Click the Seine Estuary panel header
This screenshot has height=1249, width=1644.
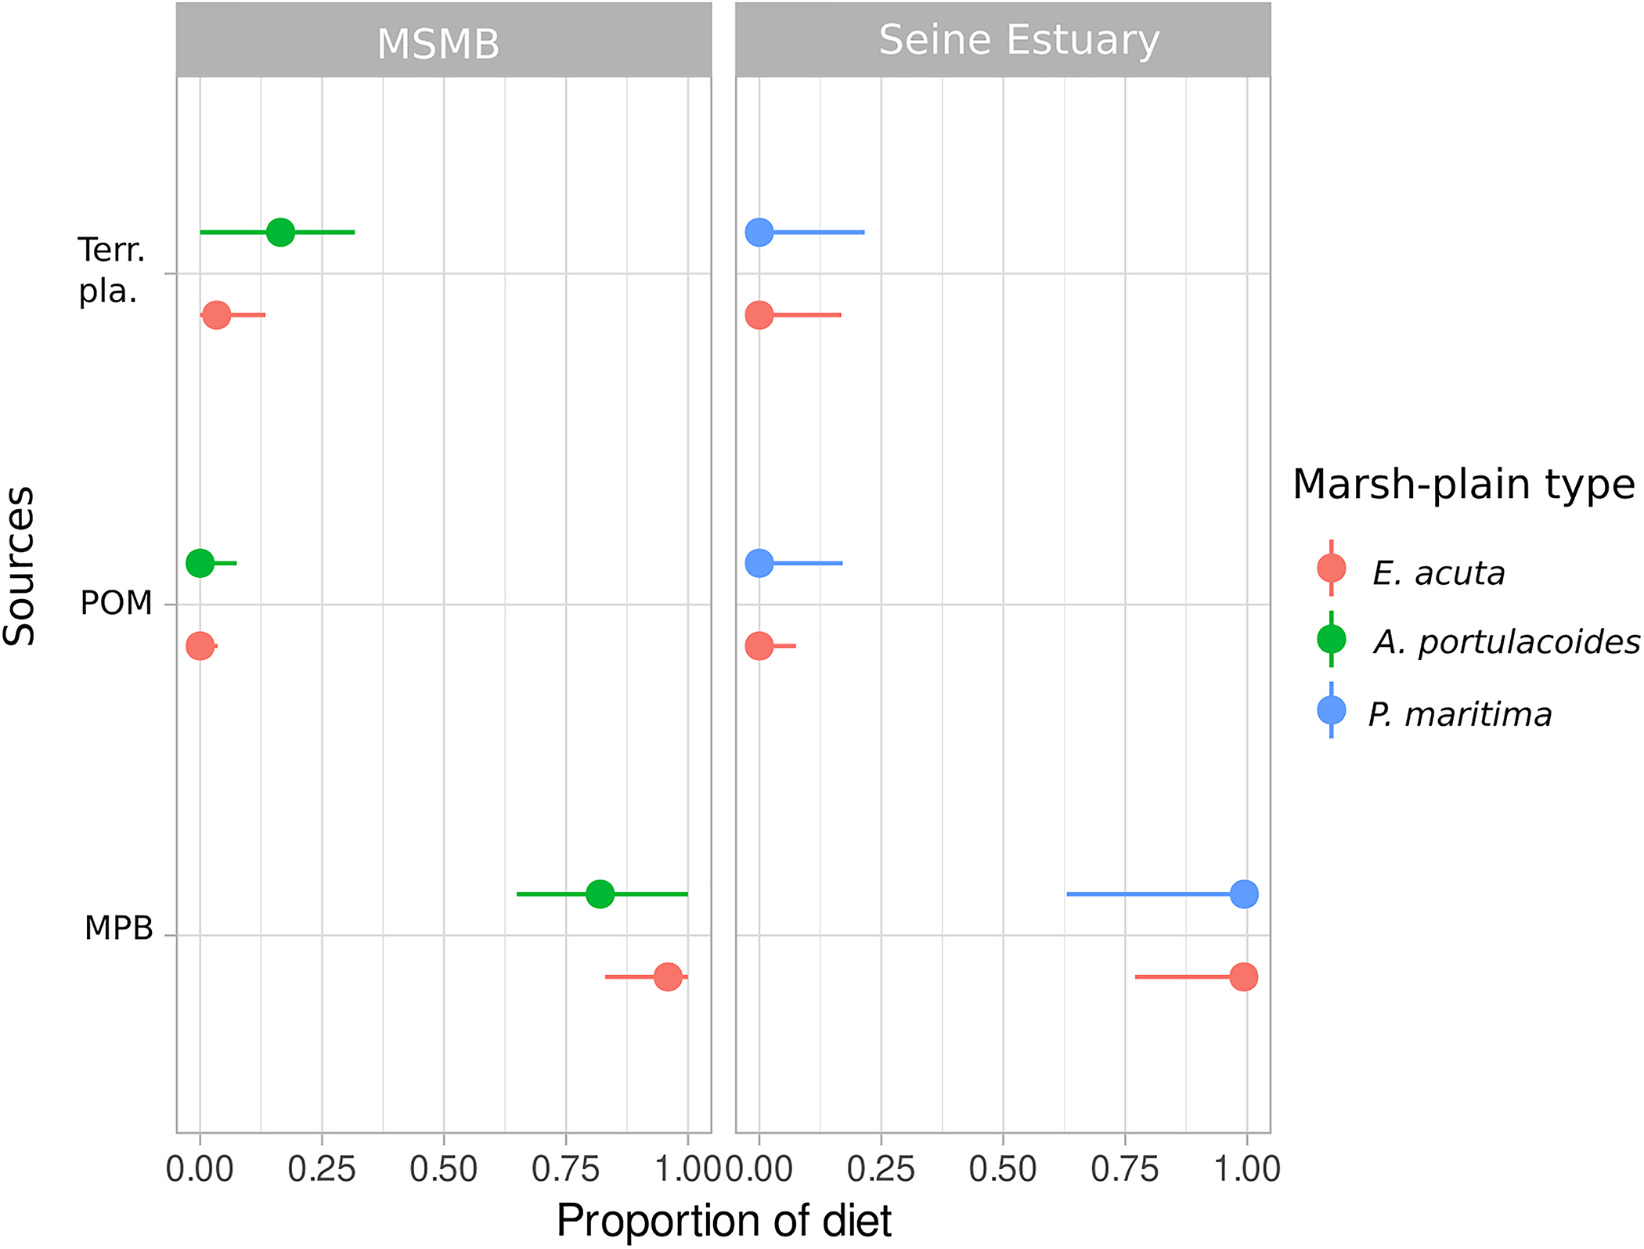coord(1018,41)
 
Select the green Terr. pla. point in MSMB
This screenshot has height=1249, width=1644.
coord(280,232)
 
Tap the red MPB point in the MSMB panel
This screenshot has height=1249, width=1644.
coord(667,976)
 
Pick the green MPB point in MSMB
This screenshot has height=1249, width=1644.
coord(600,893)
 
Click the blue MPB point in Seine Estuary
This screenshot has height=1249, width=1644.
coord(1244,893)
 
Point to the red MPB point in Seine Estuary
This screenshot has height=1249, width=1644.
coord(1243,976)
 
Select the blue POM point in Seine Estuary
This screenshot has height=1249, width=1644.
coord(759,563)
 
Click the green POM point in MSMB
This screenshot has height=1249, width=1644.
coord(200,563)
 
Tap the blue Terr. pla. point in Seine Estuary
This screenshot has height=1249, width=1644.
coord(759,232)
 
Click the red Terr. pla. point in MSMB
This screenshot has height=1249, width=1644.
coord(216,315)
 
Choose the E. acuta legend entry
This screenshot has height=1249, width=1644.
coord(1438,573)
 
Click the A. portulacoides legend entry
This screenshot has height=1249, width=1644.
coord(1505,642)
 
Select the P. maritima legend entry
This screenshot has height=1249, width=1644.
coord(1459,714)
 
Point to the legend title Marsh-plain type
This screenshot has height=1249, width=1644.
coord(1463,484)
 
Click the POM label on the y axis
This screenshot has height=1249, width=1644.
coord(116,603)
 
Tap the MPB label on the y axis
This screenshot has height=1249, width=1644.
coord(118,928)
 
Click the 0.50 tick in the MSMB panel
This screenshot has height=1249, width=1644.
coord(443,1169)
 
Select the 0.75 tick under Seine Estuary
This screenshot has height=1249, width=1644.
coord(1124,1169)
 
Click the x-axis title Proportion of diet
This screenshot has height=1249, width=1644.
coord(723,1220)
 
